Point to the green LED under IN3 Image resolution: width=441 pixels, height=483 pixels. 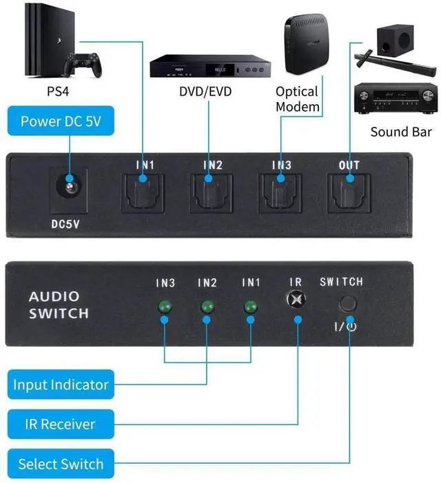click(x=165, y=307)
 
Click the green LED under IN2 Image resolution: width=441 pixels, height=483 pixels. click(x=207, y=307)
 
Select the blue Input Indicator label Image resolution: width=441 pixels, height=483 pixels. click(x=61, y=384)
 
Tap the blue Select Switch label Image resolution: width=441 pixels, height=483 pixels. click(x=60, y=464)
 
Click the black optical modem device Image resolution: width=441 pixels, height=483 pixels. click(x=307, y=49)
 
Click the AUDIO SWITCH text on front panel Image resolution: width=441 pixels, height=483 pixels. click(x=59, y=305)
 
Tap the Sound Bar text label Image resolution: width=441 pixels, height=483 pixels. click(x=401, y=132)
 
